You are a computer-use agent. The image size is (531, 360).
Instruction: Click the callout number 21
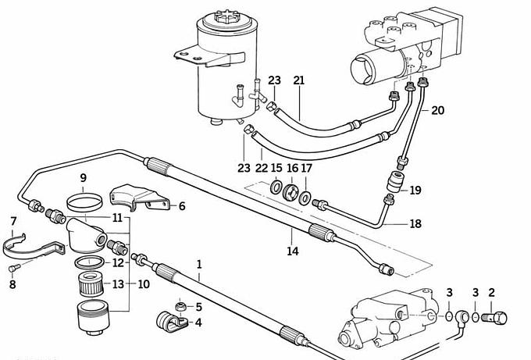click(298, 80)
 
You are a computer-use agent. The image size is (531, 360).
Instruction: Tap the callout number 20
click(437, 110)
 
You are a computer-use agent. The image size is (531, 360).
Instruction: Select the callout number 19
click(415, 190)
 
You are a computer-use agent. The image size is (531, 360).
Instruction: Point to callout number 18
click(415, 223)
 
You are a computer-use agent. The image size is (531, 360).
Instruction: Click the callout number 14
click(292, 251)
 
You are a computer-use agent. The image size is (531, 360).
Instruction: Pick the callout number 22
click(262, 168)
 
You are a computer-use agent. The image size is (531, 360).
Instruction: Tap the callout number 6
click(182, 206)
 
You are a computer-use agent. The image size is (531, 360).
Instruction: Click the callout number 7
click(12, 222)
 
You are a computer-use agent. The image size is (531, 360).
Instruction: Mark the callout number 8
click(12, 284)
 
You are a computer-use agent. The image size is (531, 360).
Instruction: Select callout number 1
click(199, 265)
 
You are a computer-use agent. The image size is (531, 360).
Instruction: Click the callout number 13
click(119, 283)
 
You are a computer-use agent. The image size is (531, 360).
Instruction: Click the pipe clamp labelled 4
click(167, 322)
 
